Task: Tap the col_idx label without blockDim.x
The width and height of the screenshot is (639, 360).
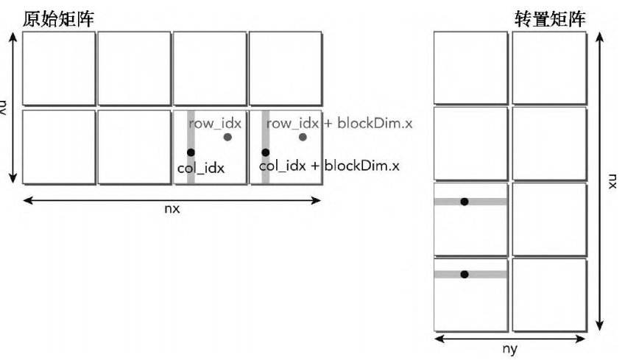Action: [x=200, y=168]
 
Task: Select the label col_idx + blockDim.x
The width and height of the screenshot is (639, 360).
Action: [x=329, y=166]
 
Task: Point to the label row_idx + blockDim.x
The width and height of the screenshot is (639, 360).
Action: [x=339, y=123]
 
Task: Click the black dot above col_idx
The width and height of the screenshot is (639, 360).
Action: [x=191, y=152]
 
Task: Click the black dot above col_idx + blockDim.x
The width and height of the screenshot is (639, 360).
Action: [x=265, y=152]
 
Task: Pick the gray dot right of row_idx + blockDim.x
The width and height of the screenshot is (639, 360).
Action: [x=303, y=137]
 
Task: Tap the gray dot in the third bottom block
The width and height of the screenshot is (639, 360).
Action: [x=227, y=137]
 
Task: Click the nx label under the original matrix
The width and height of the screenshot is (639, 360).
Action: [x=172, y=208]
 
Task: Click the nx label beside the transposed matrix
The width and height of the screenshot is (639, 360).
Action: [x=612, y=180]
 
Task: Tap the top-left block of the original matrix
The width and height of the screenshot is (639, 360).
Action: [x=59, y=68]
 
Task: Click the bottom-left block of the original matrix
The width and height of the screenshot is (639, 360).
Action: [x=59, y=147]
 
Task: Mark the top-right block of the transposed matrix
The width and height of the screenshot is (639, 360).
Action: [x=549, y=68]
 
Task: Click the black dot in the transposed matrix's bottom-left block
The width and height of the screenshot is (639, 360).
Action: [x=464, y=275]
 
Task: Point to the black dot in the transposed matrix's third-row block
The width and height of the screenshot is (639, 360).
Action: [x=464, y=202]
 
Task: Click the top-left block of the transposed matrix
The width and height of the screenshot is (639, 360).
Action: [x=470, y=68]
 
